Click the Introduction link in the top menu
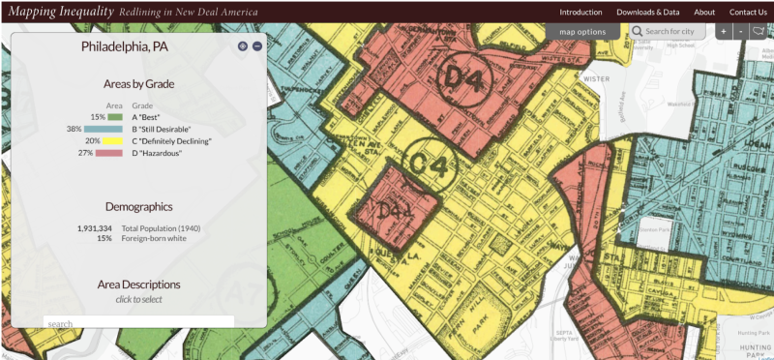(580, 12)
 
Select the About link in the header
(704, 12)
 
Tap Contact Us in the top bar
(748, 12)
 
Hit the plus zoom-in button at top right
(723, 32)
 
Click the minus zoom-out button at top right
(740, 32)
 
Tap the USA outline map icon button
(759, 32)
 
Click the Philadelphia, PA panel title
(138, 46)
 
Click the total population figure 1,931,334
(94, 227)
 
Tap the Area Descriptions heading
(138, 285)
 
